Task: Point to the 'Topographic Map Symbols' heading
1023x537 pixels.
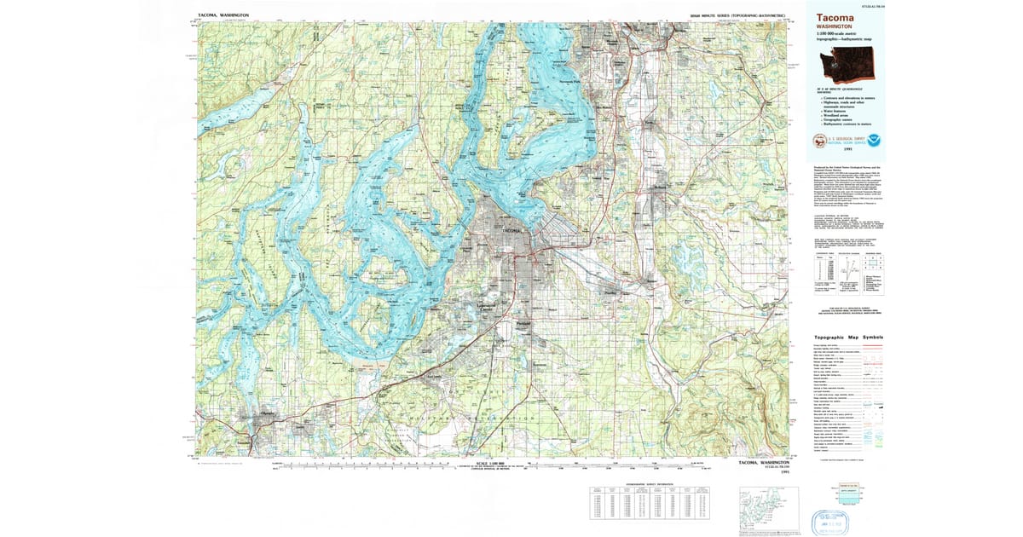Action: tap(843, 338)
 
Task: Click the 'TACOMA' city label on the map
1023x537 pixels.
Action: tap(511, 231)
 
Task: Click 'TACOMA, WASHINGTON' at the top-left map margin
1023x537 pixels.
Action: tap(223, 15)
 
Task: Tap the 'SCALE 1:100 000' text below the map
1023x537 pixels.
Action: tap(494, 461)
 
